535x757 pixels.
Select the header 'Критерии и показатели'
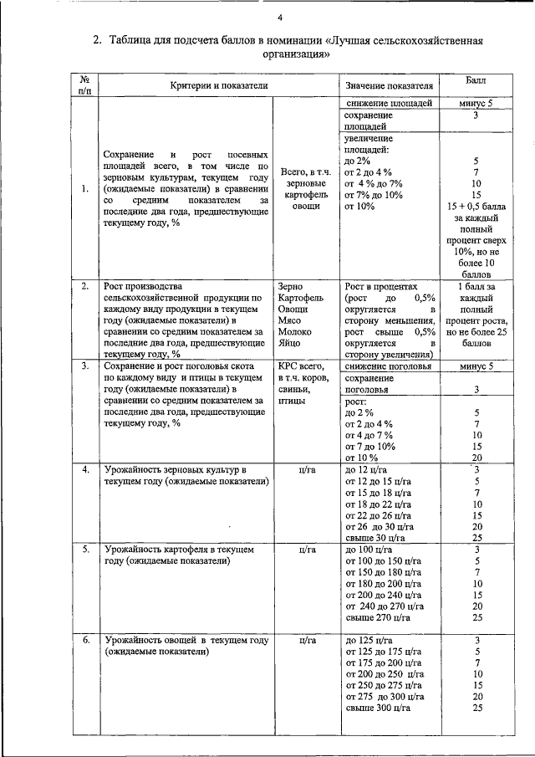[218, 85]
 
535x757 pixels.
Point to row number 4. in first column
[84, 470]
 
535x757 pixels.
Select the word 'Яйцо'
[290, 343]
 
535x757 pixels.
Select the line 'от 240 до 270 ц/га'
[385, 606]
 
